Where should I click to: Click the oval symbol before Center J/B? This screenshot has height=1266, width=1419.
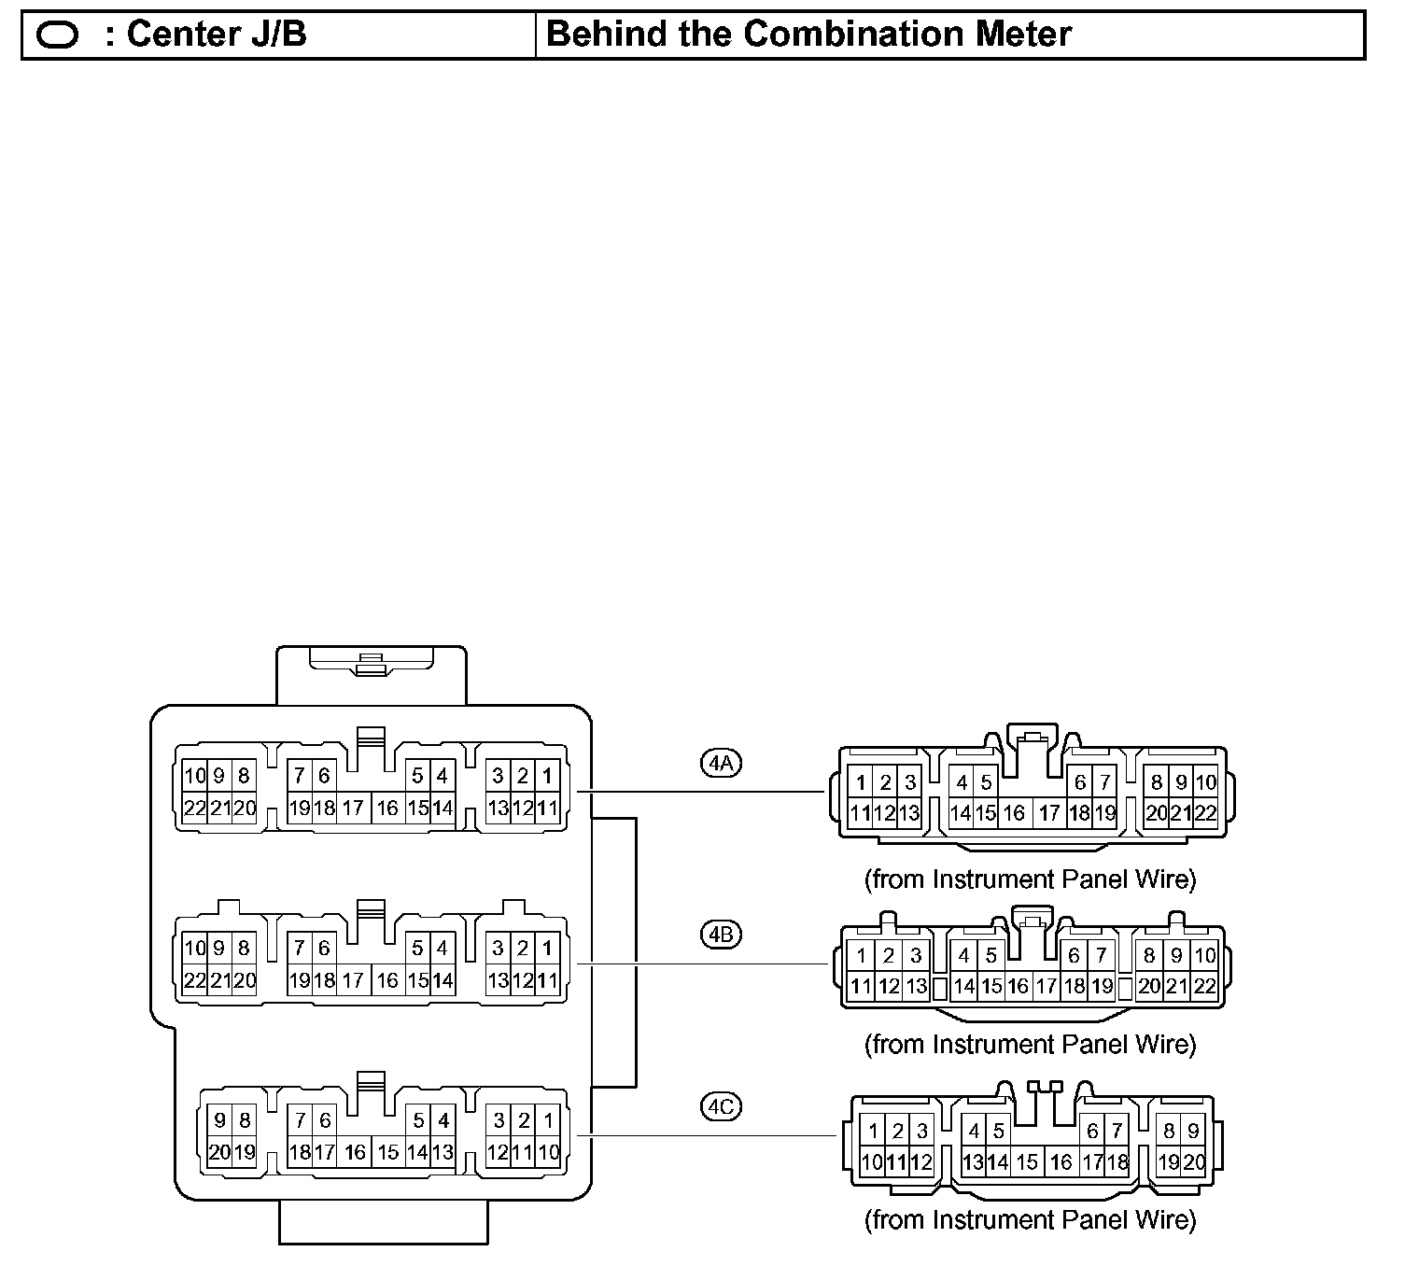point(60,35)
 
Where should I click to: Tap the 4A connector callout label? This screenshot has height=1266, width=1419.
point(721,763)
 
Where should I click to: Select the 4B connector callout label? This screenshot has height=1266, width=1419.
point(721,935)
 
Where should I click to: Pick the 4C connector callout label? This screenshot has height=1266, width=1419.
point(721,1107)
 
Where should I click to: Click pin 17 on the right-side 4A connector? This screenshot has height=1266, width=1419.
point(1049,813)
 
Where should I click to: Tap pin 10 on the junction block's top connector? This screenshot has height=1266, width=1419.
point(194,776)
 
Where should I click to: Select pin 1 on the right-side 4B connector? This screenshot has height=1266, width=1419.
point(863,955)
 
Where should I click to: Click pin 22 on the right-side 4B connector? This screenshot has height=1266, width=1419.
point(1205,986)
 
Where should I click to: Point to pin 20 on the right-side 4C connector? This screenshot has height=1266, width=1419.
point(1194,1162)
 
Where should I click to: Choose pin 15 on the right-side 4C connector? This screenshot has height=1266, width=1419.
point(1027,1162)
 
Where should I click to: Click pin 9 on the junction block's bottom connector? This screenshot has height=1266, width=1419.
point(220,1120)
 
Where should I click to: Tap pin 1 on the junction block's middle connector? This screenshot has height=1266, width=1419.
point(547,949)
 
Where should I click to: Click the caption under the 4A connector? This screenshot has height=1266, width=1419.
point(1030,879)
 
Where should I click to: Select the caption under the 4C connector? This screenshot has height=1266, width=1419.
point(1030,1219)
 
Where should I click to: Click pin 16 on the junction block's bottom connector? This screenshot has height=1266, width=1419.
point(355,1152)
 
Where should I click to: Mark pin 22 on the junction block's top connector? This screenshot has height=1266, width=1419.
point(194,809)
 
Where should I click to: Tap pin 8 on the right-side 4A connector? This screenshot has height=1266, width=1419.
point(1157,782)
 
